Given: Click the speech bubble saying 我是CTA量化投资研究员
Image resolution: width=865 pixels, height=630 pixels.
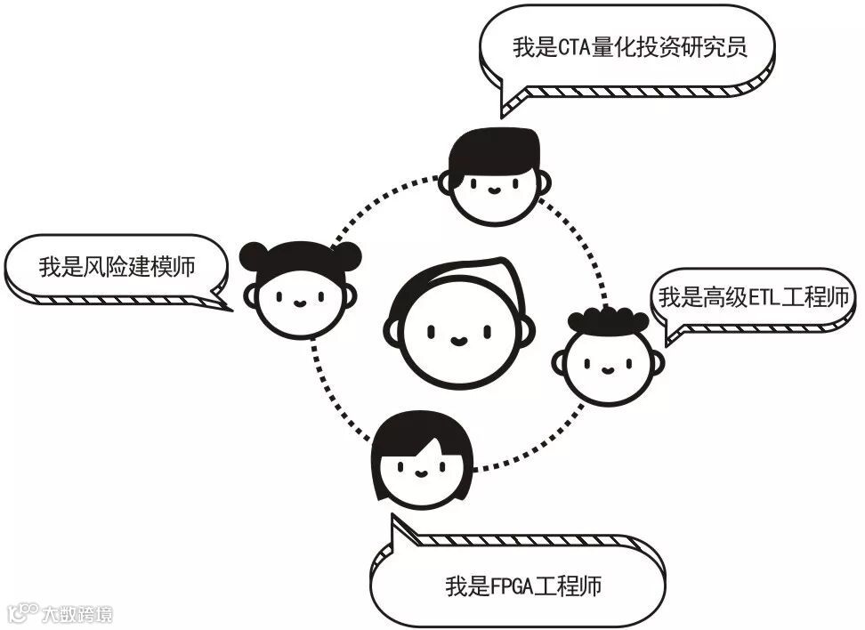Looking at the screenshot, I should (x=627, y=48).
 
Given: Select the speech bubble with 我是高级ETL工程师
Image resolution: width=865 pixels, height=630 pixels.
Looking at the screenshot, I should (x=754, y=298).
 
